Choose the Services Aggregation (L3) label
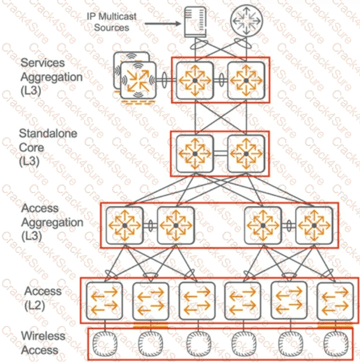pos(51,78)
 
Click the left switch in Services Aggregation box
pos(195,80)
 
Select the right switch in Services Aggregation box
pos(246,80)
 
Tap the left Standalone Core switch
pos(195,153)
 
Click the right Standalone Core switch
pos(246,153)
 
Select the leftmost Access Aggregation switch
pos(125,226)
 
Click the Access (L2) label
pos(43,298)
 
